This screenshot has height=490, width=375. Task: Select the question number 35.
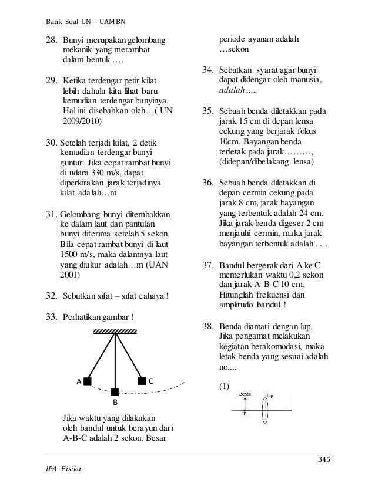click(207, 110)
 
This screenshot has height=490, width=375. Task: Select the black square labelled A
click(87, 381)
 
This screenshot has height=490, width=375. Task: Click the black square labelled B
click(115, 391)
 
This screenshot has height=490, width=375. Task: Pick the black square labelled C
click(142, 380)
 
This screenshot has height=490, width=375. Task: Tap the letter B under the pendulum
click(115, 404)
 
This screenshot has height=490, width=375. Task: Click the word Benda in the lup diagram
click(245, 394)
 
